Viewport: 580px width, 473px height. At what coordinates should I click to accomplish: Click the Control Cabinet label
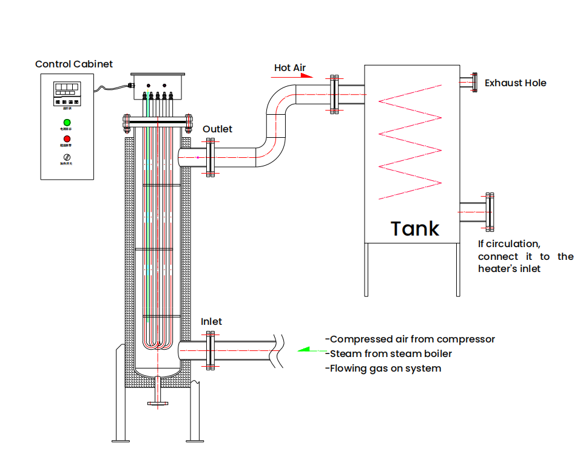(73, 64)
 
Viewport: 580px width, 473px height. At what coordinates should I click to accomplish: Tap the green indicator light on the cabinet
(67, 123)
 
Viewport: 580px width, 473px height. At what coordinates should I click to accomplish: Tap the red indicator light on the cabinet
(67, 139)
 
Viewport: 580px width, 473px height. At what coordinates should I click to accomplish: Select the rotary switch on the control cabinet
(67, 157)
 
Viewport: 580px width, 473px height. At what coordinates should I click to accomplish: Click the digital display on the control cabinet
(67, 89)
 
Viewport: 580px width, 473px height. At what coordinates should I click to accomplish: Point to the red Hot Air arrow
(305, 76)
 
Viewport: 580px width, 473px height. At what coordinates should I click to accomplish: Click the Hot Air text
(289, 67)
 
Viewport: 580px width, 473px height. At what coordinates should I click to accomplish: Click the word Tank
(415, 229)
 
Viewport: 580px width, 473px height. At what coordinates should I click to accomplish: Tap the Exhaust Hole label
(515, 83)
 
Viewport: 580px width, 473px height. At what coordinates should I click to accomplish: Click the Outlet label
(217, 129)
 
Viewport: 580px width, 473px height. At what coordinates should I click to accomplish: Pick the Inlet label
(211, 321)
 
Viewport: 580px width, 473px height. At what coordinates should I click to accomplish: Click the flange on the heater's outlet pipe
(210, 157)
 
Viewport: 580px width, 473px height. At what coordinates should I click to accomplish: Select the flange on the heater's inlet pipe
(210, 351)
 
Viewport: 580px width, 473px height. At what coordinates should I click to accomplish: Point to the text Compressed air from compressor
(410, 339)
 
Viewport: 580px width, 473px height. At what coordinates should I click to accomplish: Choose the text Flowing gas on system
(383, 368)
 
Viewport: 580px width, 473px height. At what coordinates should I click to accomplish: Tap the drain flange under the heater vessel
(158, 401)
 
